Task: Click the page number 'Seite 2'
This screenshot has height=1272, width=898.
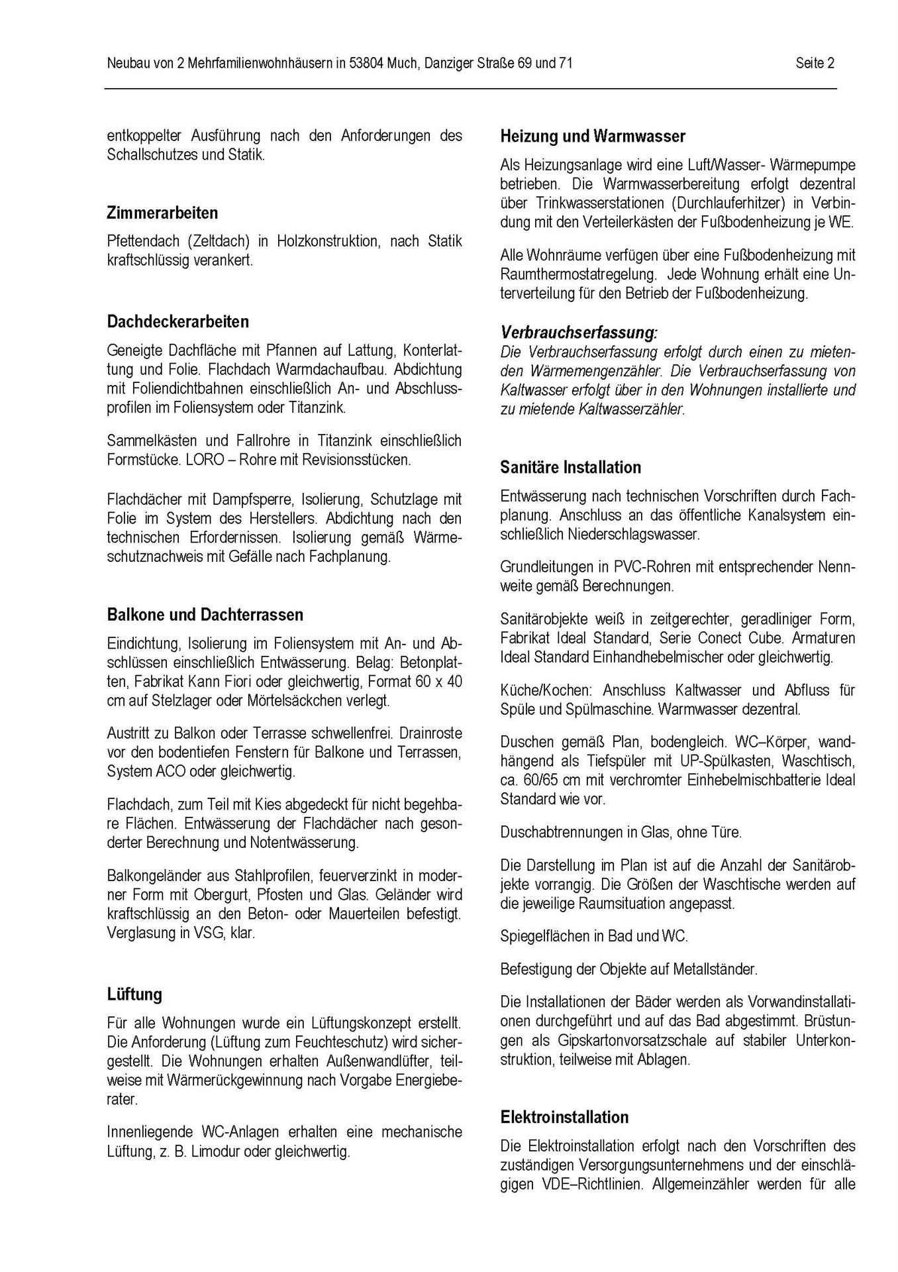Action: tap(815, 64)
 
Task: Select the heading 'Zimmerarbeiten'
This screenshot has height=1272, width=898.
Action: tap(162, 213)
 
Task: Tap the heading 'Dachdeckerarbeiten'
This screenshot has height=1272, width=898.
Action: tap(177, 322)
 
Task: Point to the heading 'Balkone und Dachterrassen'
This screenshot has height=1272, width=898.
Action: tap(205, 615)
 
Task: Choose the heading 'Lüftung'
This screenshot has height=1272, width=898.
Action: tap(134, 994)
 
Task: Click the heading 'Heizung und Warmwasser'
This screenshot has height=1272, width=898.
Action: tap(593, 137)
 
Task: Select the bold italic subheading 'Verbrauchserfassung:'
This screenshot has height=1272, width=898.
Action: tap(579, 332)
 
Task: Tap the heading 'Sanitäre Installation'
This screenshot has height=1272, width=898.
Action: tap(570, 468)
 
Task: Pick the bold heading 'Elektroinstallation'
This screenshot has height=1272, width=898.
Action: tap(564, 1117)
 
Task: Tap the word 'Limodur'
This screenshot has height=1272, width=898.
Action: tap(215, 1151)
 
